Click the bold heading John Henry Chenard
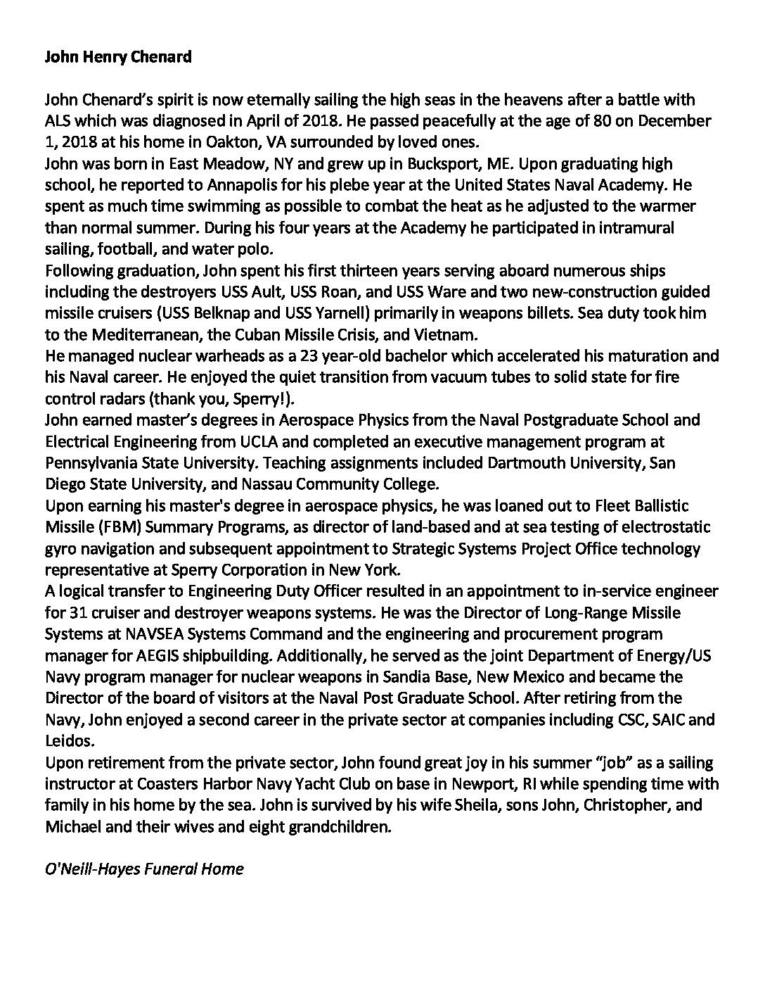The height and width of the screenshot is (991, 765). tap(118, 57)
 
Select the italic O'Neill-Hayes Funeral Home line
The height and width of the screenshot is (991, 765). tap(144, 869)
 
